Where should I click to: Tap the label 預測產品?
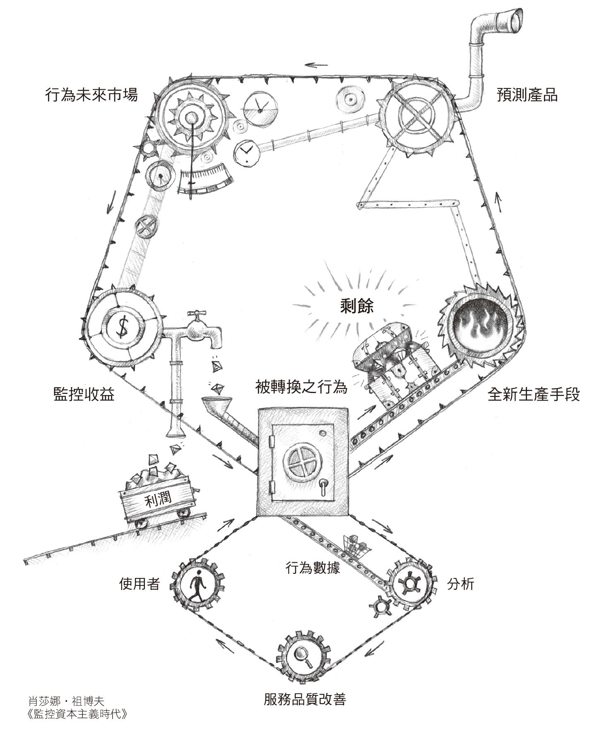[527, 96]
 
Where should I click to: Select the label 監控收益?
[84, 394]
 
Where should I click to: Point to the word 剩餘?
[356, 307]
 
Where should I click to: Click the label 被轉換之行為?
[301, 388]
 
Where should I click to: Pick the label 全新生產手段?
[534, 394]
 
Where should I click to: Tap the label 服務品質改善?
[305, 699]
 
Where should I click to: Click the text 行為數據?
[313, 568]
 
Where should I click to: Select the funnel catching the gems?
[214, 404]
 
